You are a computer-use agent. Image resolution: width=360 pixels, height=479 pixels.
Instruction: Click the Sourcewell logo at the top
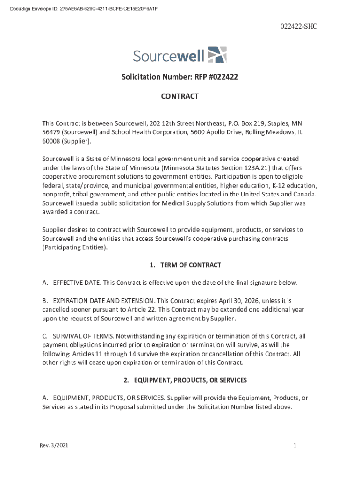click(180, 55)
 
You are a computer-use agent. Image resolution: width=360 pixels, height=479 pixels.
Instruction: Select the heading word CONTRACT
click(180, 96)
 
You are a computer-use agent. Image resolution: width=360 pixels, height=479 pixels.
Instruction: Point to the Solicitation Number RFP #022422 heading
click(180, 77)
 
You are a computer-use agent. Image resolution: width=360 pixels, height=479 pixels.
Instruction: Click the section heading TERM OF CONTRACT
click(190, 265)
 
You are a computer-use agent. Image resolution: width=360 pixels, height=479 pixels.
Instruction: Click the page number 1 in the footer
click(295, 446)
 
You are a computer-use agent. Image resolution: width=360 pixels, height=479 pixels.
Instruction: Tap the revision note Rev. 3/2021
click(54, 446)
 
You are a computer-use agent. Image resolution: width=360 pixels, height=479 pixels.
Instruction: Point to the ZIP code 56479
click(50, 132)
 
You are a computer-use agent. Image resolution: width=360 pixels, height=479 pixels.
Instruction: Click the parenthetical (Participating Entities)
click(75, 247)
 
